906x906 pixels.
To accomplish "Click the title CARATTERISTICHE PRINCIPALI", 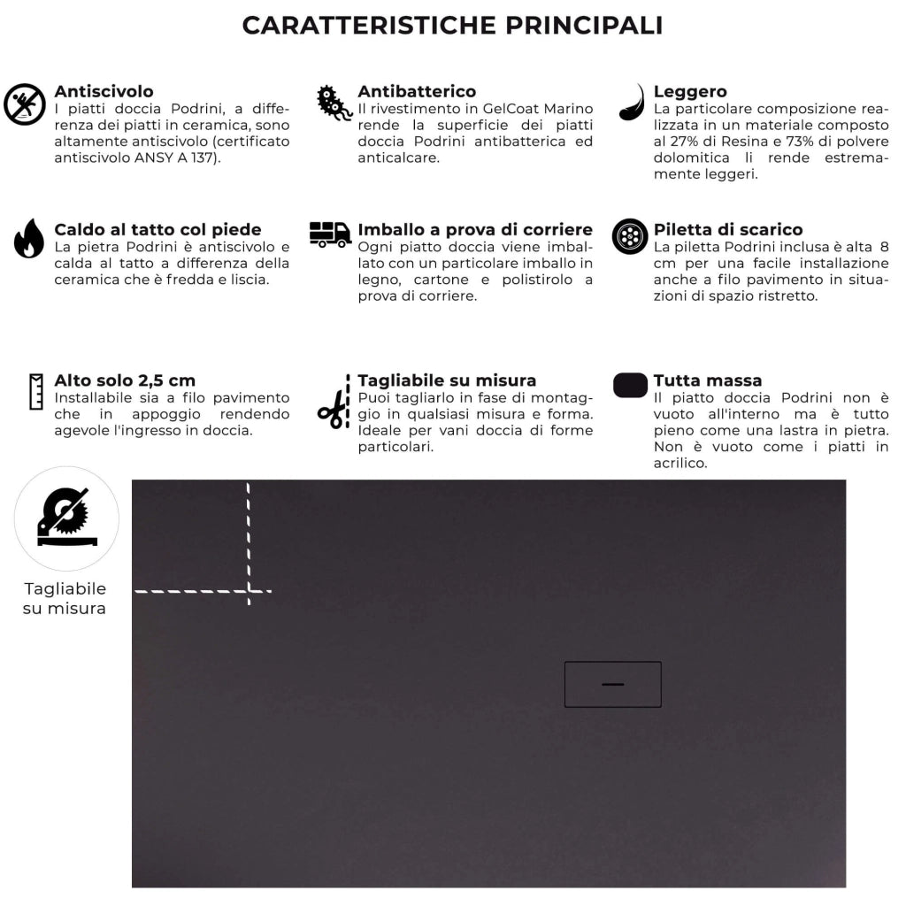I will [452, 25].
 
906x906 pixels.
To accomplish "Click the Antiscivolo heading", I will [104, 91].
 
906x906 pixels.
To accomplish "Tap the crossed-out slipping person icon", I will [25, 104].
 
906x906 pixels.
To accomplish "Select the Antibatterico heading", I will [417, 91].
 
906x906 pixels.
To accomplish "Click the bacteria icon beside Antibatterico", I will [334, 104].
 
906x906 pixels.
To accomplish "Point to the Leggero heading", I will [690, 91].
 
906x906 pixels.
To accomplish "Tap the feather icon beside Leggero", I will [632, 103].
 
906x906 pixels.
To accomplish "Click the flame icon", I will [28, 238].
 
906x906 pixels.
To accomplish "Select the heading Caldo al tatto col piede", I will [157, 230].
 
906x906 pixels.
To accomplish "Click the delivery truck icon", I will [330, 234].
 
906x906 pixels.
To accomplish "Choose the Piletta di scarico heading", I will [728, 230].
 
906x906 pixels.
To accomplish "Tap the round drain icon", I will [630, 236].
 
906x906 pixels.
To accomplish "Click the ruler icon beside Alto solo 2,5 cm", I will [36, 391].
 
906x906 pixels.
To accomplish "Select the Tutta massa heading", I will [707, 380].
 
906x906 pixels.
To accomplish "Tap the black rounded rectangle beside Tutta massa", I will [630, 386].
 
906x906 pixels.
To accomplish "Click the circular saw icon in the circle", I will [66, 518].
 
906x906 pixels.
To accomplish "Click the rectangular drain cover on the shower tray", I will [612, 684].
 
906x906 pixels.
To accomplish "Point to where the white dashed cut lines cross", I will [249, 590].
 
